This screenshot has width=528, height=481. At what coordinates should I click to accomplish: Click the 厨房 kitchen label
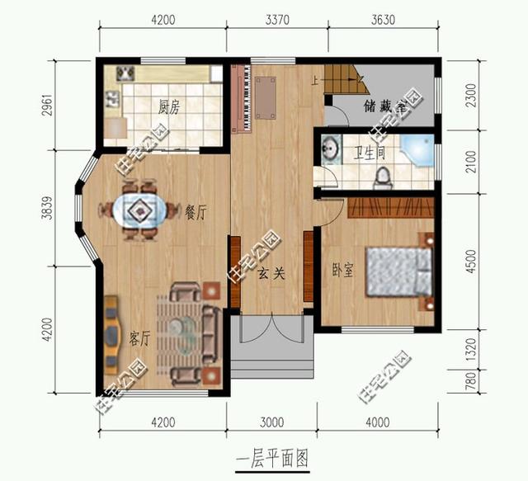coord(169,106)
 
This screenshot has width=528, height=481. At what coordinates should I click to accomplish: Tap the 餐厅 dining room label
coord(196,212)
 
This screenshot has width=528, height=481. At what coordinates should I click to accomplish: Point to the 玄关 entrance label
coord(271,274)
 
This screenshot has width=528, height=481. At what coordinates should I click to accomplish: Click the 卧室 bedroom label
coord(342,270)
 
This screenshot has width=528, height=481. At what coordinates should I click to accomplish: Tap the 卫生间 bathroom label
coord(369,153)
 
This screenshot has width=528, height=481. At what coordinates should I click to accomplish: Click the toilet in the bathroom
coord(383,177)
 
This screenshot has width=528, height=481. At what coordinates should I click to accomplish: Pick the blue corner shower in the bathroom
coord(417,150)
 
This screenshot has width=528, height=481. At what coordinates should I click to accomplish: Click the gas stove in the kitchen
coord(125,73)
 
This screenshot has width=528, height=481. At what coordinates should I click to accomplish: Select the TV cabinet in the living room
coord(111,336)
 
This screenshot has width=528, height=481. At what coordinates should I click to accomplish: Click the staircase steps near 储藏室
coord(346,79)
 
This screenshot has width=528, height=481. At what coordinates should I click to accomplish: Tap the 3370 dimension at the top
coord(277,20)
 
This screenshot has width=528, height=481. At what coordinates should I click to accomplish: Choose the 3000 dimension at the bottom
coord(272,422)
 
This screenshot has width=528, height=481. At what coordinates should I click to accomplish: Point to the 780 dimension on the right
coord(472,380)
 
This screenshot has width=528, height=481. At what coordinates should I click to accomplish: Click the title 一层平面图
coord(272,460)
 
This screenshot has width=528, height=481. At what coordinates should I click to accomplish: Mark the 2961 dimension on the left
coord(47,105)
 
